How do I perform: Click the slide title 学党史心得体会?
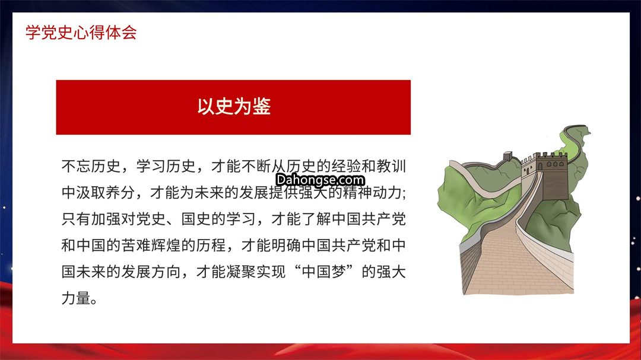(81, 32)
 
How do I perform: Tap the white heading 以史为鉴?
(234, 106)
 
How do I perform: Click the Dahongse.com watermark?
(320, 180)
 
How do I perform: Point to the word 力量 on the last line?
(76, 298)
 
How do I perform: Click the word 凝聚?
(241, 272)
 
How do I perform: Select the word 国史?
(196, 219)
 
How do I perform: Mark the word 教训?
(391, 166)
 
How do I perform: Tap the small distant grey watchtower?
(507, 156)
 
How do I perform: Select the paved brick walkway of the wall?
(516, 257)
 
